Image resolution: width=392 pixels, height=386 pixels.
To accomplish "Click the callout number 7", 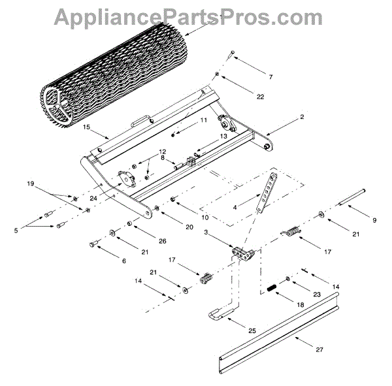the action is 252,77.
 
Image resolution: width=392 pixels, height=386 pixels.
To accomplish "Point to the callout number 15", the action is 87,128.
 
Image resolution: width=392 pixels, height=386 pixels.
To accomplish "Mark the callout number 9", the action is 374,221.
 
